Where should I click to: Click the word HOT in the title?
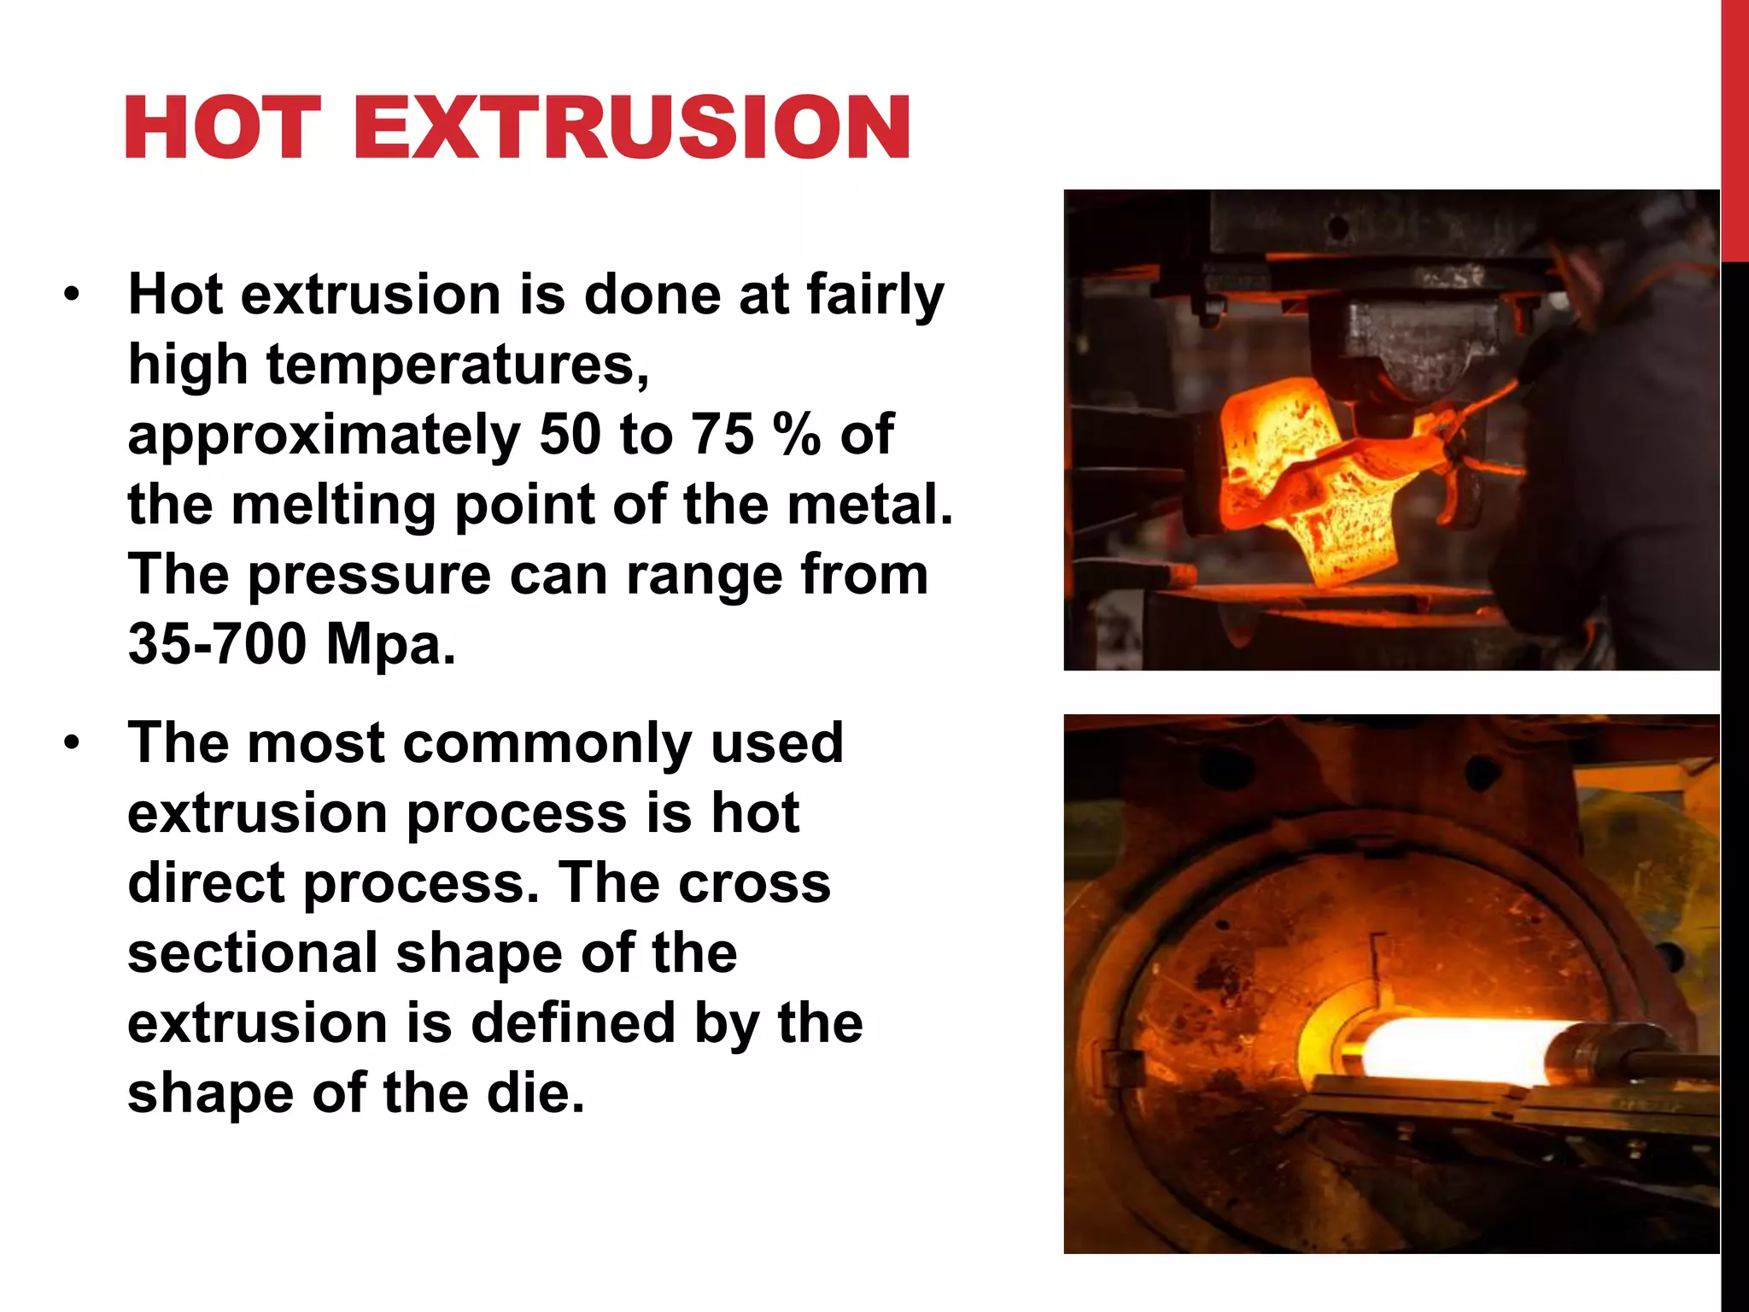coord(223,128)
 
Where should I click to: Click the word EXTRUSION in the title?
coord(631,128)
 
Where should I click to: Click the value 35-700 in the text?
coord(217,643)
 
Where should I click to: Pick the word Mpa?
coord(390,643)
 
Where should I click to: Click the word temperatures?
coord(457,365)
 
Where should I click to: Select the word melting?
coord(333,504)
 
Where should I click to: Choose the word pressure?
coord(369,574)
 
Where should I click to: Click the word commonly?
coord(547,743)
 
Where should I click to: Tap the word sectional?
coord(253,952)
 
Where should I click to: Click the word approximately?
coord(324,434)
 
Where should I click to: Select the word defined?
coord(573,1022)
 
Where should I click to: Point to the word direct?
coord(205,882)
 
